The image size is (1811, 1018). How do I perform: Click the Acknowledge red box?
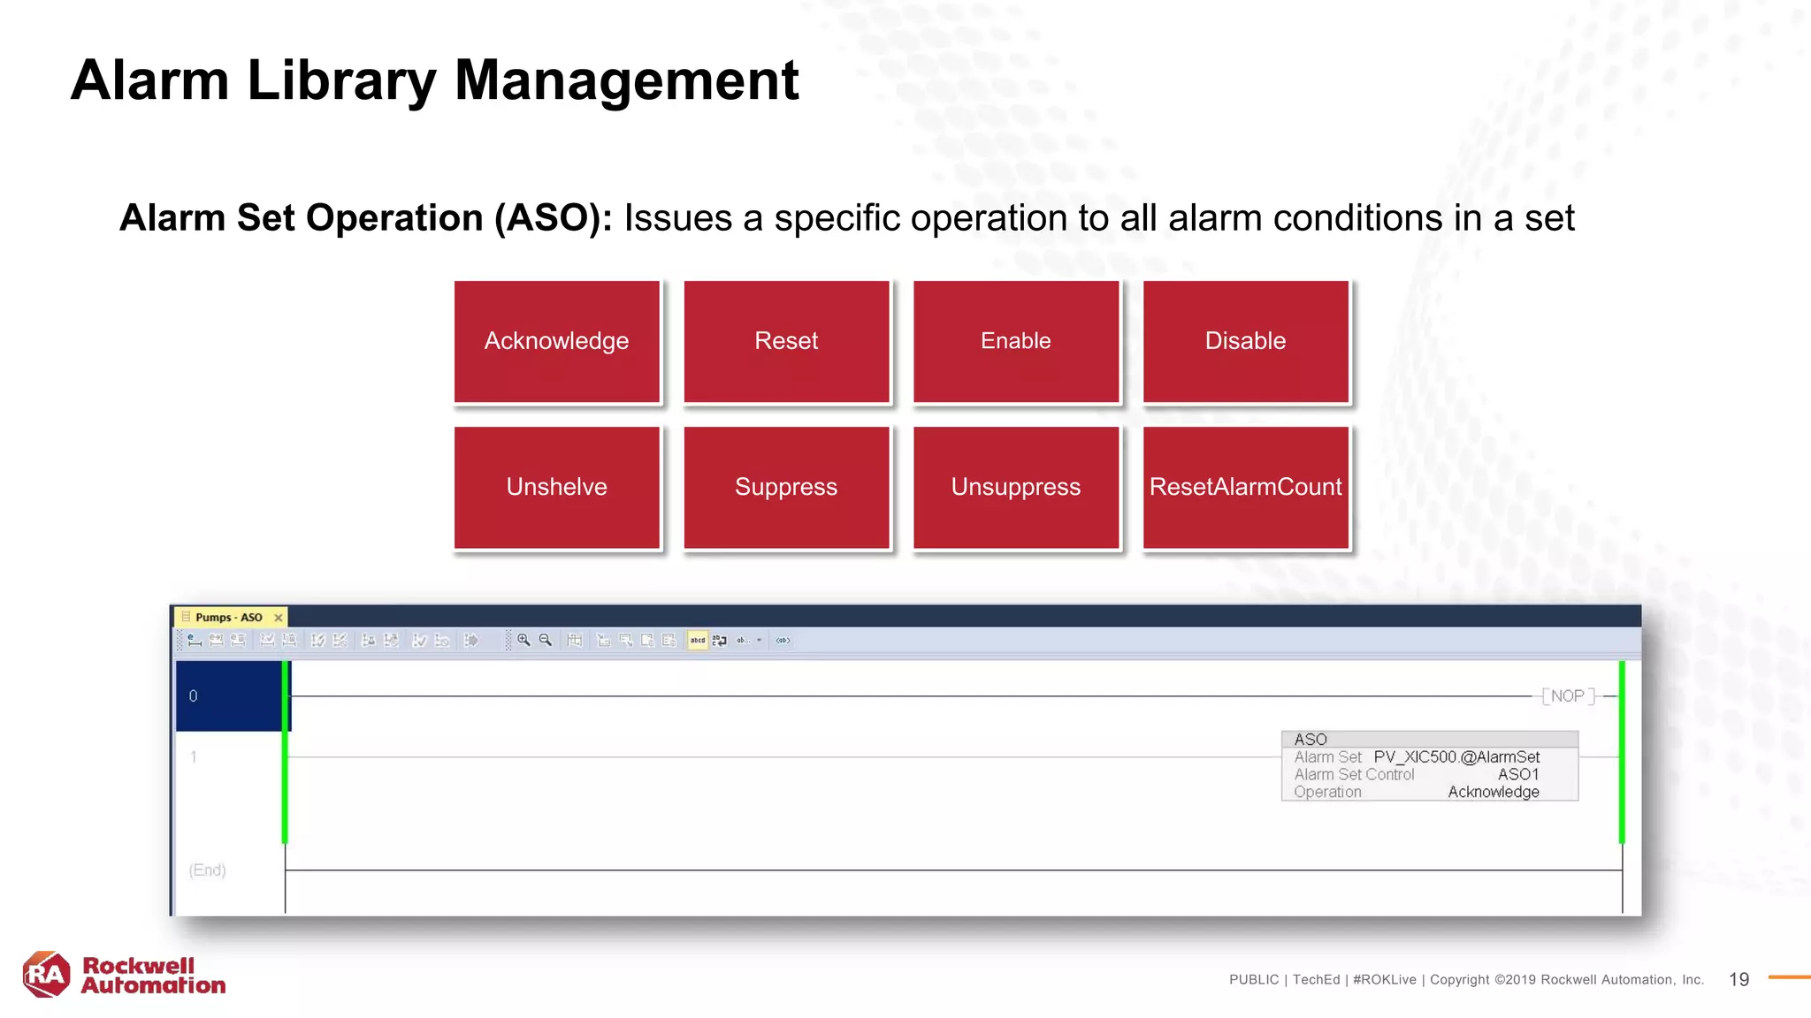pos(556,342)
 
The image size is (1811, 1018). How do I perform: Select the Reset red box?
pos(786,342)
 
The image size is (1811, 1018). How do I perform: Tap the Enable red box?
pos(1015,342)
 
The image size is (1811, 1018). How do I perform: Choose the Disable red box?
pos(1245,342)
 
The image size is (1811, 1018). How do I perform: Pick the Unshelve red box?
pos(556,487)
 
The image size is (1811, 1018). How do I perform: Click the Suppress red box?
pos(786,487)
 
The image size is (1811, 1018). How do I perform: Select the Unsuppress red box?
pos(1015,487)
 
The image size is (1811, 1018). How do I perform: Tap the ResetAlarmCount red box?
pos(1245,487)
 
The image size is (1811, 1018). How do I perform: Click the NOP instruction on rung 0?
pos(1568,696)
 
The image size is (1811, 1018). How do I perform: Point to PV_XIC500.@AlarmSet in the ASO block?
pos(1456,757)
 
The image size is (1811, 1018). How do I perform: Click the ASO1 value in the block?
pos(1518,774)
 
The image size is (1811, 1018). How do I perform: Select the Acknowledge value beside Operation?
pos(1493,792)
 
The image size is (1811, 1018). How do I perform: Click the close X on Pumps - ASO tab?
pos(279,618)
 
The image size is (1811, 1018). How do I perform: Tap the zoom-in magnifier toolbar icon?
pos(523,640)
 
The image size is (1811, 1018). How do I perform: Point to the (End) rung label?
pos(208,870)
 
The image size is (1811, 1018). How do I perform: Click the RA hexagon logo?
pos(46,975)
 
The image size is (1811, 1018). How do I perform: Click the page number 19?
pos(1738,979)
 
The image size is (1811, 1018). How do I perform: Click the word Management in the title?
pos(626,80)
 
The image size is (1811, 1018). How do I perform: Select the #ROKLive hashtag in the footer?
pos(1384,979)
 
